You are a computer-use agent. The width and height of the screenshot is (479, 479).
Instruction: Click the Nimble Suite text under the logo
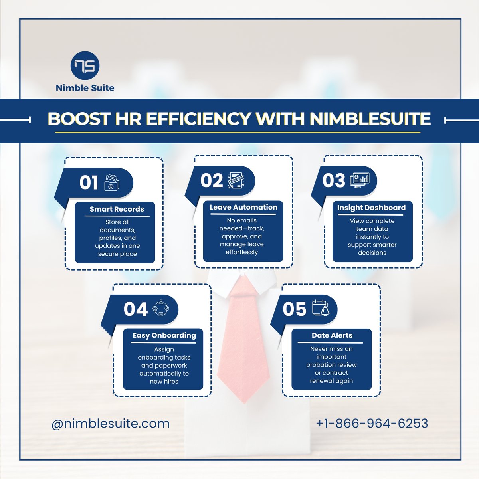pos(85,88)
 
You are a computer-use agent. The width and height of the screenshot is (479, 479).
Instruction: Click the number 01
pos(89,183)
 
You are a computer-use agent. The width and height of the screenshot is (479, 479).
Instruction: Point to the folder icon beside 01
pos(112,183)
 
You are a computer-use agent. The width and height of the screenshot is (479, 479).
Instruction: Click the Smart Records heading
pos(117,209)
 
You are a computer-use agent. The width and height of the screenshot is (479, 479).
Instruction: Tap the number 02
pos(212,181)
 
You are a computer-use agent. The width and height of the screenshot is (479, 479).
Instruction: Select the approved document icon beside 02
pos(236,181)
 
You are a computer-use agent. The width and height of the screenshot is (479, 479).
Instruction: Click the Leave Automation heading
pos(243,207)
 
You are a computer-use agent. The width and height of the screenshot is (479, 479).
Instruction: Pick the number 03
pos(334,181)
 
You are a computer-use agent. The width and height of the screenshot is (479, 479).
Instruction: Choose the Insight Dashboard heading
pos(371,208)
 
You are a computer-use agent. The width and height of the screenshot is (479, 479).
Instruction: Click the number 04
pos(136,309)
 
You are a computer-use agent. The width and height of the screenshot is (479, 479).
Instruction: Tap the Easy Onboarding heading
pos(164,335)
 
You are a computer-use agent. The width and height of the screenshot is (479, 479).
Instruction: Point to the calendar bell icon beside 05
pos(321,309)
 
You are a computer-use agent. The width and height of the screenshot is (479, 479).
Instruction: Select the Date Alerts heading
pos(332,335)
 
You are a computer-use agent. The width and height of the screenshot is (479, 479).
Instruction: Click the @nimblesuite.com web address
pos(111,423)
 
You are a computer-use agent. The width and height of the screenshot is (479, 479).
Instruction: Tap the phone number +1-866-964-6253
pos(372,423)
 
